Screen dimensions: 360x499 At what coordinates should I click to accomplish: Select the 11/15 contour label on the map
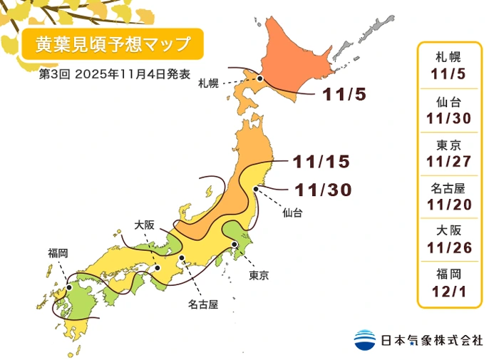point(320,163)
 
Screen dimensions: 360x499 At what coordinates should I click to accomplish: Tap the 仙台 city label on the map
point(292,212)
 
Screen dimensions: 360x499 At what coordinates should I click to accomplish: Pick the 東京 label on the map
point(259,275)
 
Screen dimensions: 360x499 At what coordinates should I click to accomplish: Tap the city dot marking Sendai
point(256,189)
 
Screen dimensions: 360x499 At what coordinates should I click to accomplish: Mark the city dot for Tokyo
point(235,245)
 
